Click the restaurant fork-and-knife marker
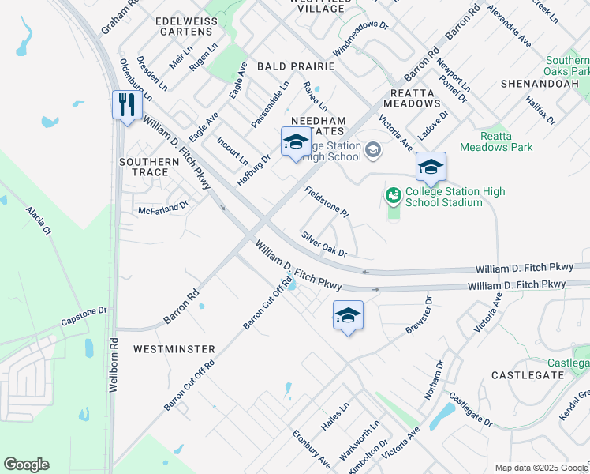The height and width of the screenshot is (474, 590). pos(126,104)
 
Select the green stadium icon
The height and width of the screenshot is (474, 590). pos(393,194)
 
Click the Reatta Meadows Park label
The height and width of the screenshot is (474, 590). pos(496,141)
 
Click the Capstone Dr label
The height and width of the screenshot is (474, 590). pos(84,317)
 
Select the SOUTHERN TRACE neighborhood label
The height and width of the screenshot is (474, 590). pos(144,167)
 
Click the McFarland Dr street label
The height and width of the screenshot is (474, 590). pos(163,209)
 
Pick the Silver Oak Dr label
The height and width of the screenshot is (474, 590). pos(323,244)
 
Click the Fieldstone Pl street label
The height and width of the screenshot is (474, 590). pos(327,201)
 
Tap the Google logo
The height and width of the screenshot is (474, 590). pos(26,465)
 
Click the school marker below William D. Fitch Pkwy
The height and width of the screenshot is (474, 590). pos(348,316)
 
